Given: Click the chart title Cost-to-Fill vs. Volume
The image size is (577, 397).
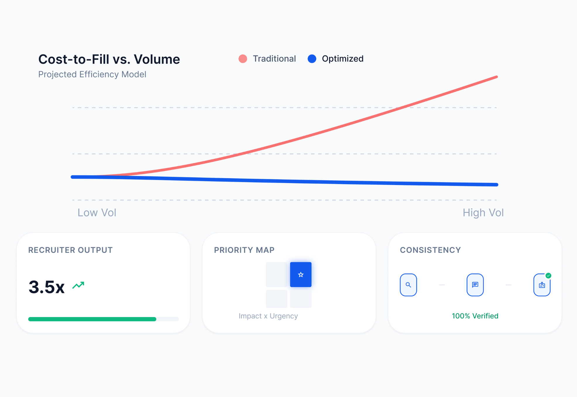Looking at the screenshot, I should click(x=109, y=59).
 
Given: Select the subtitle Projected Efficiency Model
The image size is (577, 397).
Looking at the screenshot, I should click(x=92, y=74).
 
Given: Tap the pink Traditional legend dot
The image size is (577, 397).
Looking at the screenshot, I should click(x=243, y=59).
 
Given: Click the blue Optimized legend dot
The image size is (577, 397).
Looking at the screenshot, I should click(x=312, y=59).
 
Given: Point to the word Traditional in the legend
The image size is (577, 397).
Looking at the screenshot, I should click(x=274, y=59).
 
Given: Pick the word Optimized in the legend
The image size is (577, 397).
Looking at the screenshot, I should click(x=342, y=59).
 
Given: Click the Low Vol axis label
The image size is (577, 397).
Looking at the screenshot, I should click(x=97, y=213).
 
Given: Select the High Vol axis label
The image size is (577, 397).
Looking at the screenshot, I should click(x=483, y=213).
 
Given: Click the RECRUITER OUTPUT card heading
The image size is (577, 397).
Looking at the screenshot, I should click(x=70, y=250).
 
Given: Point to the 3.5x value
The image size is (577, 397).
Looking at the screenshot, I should click(x=47, y=287).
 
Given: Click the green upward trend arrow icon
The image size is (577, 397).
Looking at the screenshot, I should click(x=78, y=285).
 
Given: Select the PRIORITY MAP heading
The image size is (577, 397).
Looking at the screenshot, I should click(x=244, y=250).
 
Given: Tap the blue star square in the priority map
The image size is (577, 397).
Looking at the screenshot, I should click(x=300, y=275).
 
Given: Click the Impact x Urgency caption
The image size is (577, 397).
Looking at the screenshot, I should click(x=268, y=316).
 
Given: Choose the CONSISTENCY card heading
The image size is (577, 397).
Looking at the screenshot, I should click(x=430, y=250).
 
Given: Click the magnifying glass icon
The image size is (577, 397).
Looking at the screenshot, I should click(x=408, y=285).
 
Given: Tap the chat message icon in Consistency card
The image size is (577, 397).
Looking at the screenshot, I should click(x=475, y=285).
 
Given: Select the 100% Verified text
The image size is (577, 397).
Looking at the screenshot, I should click(x=475, y=316).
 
